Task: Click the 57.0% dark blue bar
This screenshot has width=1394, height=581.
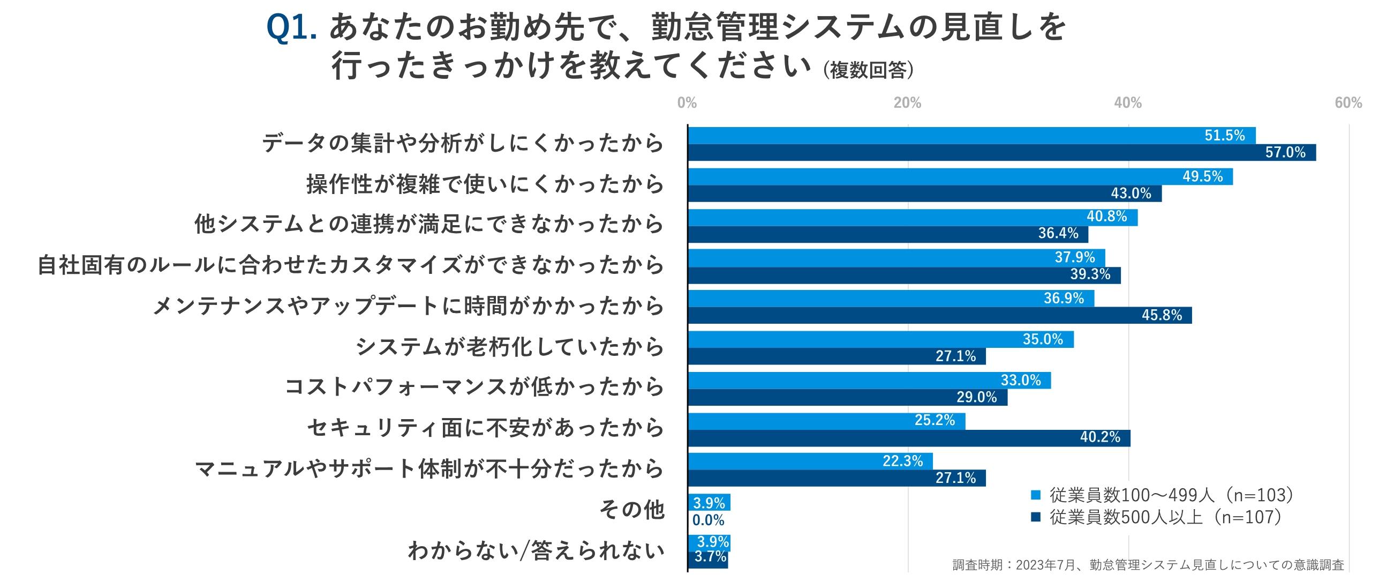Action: click(x=1001, y=152)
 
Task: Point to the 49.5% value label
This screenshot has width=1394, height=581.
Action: click(x=1202, y=176)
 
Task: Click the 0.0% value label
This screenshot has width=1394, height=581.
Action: click(x=709, y=520)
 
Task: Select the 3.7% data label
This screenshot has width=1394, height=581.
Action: click(x=710, y=557)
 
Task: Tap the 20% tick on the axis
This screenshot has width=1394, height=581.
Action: click(x=908, y=103)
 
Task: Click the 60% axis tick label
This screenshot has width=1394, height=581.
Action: click(x=1348, y=103)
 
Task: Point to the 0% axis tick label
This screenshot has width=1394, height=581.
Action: click(x=687, y=103)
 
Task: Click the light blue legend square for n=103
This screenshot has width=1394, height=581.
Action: click(x=1036, y=495)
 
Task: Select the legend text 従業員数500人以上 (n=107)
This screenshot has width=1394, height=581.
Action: click(x=1166, y=518)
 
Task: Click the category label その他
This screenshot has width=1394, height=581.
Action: click(x=631, y=510)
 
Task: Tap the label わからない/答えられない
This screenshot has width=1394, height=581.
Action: click(x=536, y=551)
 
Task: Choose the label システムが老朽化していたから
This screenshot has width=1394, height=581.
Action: click(x=510, y=347)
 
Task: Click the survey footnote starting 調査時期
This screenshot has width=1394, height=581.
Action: click(x=1148, y=565)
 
